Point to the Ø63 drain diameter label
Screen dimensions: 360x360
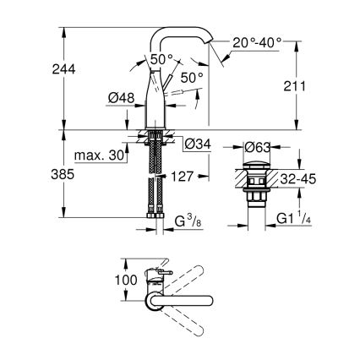point(258,148)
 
